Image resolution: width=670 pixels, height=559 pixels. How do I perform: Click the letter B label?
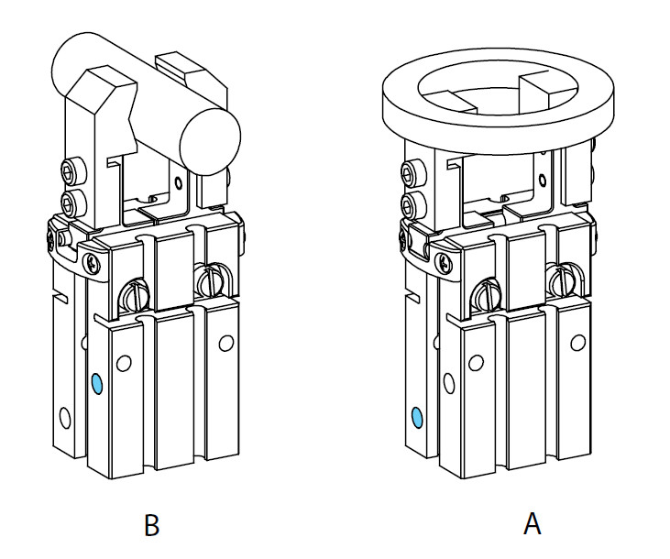pyautogui.click(x=152, y=525)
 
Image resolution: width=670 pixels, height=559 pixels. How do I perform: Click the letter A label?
pyautogui.click(x=532, y=524)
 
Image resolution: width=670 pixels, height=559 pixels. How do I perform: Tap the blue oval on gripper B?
pyautogui.click(x=96, y=381)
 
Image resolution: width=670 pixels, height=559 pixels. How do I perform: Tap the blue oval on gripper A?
pyautogui.click(x=417, y=419)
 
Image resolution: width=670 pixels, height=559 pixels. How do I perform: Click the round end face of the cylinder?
pyautogui.click(x=210, y=139)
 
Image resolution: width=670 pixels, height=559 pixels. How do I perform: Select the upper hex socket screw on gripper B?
pyautogui.click(x=71, y=170)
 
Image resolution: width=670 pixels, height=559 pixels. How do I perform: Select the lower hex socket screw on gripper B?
pyautogui.click(x=71, y=201)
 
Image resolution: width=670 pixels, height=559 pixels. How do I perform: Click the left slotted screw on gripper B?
pyautogui.click(x=135, y=294)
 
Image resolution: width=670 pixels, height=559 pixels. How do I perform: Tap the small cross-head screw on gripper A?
pyautogui.click(x=445, y=263)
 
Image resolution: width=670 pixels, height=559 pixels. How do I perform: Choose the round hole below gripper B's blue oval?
pyautogui.click(x=65, y=417)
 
